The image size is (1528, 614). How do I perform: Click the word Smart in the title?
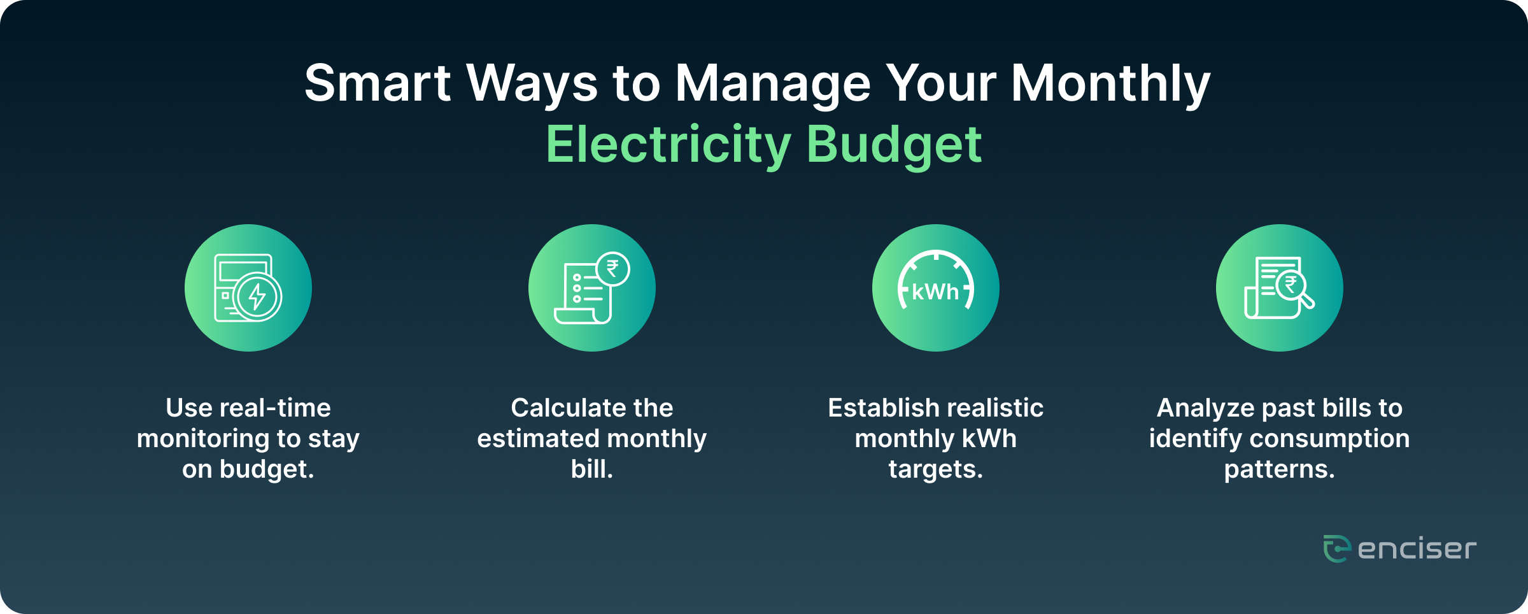tap(378, 83)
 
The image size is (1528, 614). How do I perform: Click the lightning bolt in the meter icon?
tap(257, 296)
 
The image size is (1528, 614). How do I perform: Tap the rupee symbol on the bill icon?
tap(612, 269)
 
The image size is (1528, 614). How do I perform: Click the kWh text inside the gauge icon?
tap(935, 292)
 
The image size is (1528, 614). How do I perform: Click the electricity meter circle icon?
tap(248, 288)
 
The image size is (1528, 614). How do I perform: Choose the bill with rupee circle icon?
tap(592, 288)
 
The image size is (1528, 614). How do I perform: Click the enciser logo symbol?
tap(1337, 548)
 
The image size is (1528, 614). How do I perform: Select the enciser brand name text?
tap(1417, 549)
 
